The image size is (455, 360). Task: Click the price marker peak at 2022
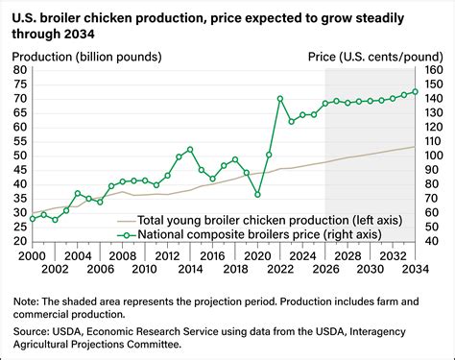click(x=279, y=99)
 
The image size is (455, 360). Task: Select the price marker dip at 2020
click(x=257, y=194)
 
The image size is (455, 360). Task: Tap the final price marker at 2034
click(x=415, y=92)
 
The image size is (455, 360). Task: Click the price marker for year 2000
click(x=33, y=219)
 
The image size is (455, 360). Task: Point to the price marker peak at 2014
click(x=190, y=149)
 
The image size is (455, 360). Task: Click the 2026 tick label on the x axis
click(x=325, y=256)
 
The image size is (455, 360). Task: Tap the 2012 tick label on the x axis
click(x=167, y=256)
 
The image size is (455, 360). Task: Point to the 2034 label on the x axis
click(x=415, y=256)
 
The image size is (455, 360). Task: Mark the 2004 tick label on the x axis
click(x=78, y=256)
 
